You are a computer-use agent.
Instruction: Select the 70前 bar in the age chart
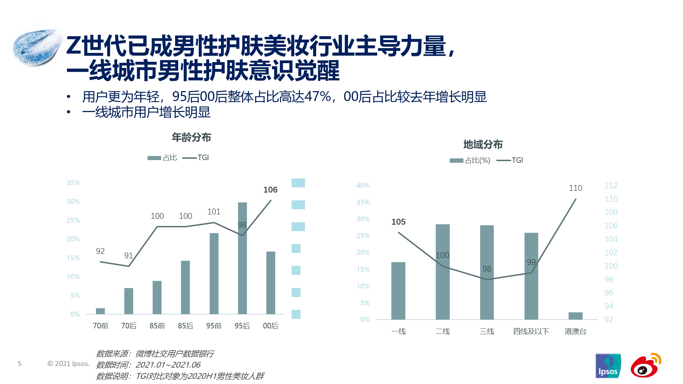point(100,311)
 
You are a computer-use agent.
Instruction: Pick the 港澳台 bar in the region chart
point(575,316)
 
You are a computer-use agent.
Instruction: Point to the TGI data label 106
point(270,190)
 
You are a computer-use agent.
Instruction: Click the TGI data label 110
point(575,188)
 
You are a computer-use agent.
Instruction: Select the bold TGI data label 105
point(398,222)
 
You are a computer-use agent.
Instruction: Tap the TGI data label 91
point(128,256)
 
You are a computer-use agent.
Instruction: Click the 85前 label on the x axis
point(157,326)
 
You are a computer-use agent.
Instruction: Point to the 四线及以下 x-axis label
point(531,331)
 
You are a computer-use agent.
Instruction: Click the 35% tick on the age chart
point(73,183)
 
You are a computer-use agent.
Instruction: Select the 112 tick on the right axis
point(611,185)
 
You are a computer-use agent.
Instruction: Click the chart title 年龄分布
point(191,138)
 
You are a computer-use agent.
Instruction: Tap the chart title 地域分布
point(483,145)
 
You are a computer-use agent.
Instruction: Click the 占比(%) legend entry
point(470,160)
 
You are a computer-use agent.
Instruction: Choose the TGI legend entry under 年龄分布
point(196,158)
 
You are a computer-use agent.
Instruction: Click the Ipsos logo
point(608,366)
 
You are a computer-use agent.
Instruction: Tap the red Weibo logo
point(645,365)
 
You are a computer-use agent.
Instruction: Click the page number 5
point(19,364)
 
